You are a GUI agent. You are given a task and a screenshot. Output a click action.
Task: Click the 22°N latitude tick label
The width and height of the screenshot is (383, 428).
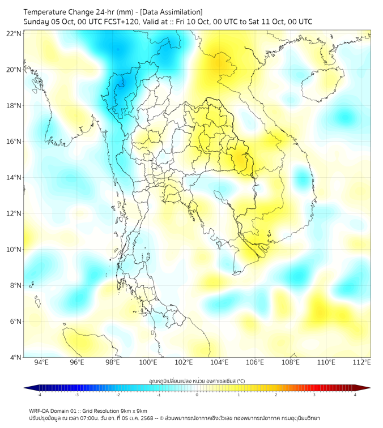(x=14, y=34)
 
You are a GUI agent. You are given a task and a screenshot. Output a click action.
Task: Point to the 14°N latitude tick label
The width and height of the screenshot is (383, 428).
(x=14, y=178)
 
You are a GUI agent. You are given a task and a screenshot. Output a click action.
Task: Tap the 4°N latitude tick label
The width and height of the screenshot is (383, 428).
(x=15, y=357)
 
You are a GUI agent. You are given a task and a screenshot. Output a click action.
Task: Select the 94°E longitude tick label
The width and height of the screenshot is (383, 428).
(x=41, y=362)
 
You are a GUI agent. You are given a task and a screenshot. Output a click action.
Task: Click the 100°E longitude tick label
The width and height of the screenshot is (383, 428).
(x=148, y=362)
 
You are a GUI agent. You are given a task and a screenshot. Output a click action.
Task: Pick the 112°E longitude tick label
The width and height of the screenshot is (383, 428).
(x=361, y=362)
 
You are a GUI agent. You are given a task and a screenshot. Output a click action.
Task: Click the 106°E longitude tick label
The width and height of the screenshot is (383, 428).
(x=255, y=362)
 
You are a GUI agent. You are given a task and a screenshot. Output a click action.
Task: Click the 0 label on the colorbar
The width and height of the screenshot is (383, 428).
(x=197, y=395)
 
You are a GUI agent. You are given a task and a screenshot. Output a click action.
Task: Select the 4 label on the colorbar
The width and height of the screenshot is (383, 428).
(x=355, y=395)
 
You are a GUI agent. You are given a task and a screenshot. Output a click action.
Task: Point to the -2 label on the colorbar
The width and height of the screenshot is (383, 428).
(x=117, y=395)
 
